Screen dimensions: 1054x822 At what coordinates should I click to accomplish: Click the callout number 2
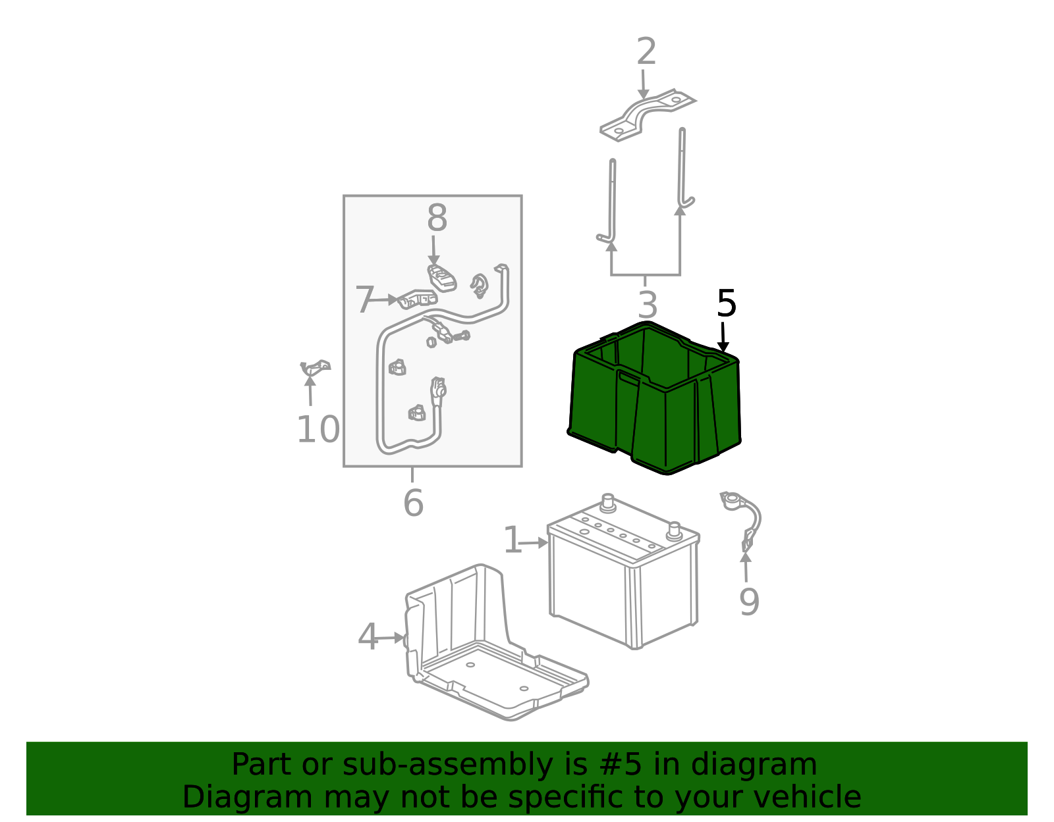click(x=646, y=52)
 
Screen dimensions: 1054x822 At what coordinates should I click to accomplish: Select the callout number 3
click(x=648, y=305)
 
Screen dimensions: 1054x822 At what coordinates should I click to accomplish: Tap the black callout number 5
click(x=726, y=304)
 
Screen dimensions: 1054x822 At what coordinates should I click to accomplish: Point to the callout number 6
click(x=413, y=503)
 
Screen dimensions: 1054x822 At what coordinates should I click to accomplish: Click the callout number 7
click(x=364, y=300)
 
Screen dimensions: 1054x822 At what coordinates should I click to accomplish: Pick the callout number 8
click(x=437, y=218)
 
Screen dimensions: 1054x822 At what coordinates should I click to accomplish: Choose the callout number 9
click(x=749, y=602)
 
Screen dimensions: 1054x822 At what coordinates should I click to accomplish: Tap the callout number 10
click(x=318, y=430)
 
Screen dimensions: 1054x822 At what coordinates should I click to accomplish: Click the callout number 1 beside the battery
click(x=512, y=541)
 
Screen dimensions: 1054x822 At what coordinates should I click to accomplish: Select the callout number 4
click(x=368, y=638)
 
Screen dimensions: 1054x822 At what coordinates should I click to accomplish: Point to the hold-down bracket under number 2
click(x=647, y=115)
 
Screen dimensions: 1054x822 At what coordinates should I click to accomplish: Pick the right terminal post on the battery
click(x=674, y=530)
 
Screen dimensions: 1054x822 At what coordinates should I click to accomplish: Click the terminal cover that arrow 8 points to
click(x=442, y=277)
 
